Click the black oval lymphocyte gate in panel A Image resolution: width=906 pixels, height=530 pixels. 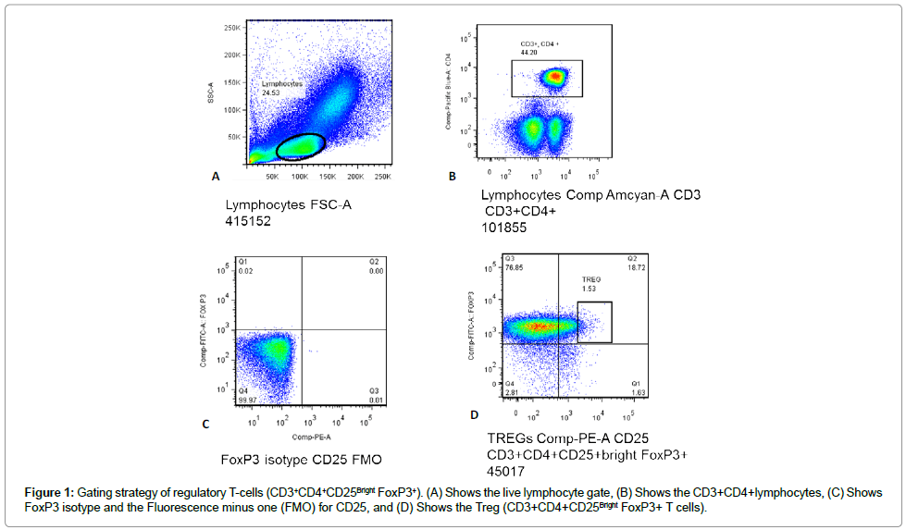tap(301, 146)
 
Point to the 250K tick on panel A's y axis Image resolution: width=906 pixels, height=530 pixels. tap(231, 28)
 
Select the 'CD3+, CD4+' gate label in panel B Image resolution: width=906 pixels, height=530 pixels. tap(538, 43)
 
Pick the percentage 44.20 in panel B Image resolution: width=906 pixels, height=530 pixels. tap(529, 53)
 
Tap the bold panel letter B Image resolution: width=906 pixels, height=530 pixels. tap(453, 175)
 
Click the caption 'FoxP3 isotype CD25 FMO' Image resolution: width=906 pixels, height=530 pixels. tap(301, 459)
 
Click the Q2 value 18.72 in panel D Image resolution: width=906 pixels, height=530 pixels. tap(637, 268)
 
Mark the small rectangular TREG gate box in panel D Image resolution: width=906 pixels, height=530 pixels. tap(595, 322)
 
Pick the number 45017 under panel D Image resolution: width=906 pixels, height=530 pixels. tap(509, 471)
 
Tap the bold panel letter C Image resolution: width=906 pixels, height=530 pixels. tap(205, 425)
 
